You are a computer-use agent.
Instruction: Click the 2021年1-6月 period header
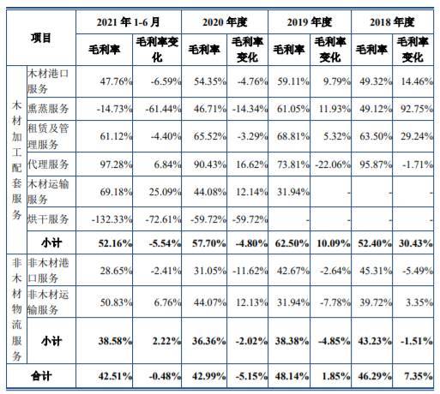point(128,22)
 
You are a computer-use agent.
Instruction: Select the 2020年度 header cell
point(225,22)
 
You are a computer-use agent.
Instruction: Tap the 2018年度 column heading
point(392,22)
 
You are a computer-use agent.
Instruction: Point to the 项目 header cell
point(41,38)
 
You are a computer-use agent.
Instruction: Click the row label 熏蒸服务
point(48,109)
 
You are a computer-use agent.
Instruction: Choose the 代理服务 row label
point(48,164)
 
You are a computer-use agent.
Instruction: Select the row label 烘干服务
point(48,219)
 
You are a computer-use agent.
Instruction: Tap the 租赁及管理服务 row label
point(48,136)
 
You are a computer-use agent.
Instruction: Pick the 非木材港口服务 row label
point(48,270)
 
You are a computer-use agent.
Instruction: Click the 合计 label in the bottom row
point(41,376)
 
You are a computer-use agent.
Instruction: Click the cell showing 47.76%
point(116,81)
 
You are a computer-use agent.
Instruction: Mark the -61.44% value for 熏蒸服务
point(163,109)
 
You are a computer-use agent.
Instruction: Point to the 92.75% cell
point(417,109)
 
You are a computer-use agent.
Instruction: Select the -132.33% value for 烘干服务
point(112,219)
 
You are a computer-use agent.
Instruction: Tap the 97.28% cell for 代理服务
point(116,164)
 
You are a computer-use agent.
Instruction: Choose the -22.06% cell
point(333,164)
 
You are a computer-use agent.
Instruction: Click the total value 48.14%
point(292,376)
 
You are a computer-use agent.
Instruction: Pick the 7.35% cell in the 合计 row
point(419,376)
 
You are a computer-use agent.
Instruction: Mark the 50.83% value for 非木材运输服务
point(116,302)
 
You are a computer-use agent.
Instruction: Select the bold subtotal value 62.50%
point(292,243)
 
